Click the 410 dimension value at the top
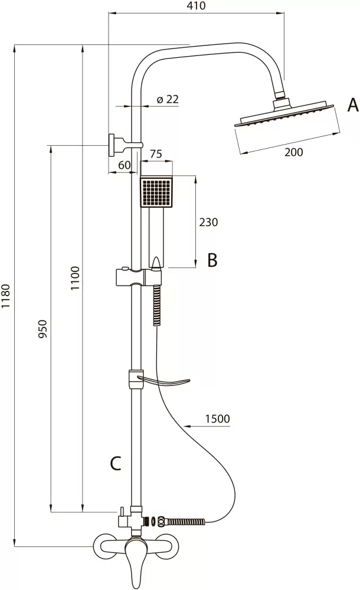196,6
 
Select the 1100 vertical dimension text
75,278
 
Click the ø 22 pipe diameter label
167,99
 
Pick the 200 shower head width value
294,152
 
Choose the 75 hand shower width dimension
156,154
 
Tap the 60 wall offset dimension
124,165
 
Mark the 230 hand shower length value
208,222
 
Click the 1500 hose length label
217,418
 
